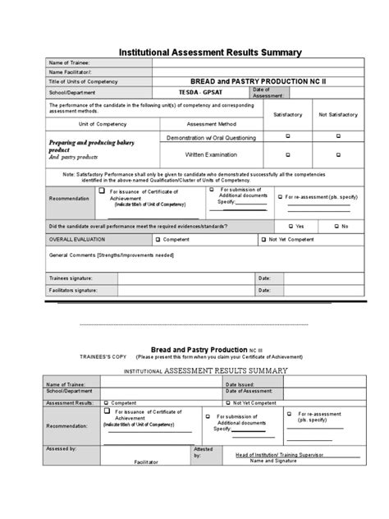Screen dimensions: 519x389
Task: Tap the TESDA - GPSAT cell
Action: pyautogui.click(x=199, y=93)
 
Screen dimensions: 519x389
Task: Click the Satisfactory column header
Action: pyautogui.click(x=287, y=114)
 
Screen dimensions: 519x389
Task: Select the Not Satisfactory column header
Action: pyautogui.click(x=334, y=114)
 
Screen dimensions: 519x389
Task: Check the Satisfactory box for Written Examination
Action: pyautogui.click(x=287, y=154)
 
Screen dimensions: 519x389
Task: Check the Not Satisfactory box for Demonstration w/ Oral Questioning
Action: pyautogui.click(x=334, y=137)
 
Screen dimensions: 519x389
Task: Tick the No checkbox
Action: pyautogui.click(x=335, y=226)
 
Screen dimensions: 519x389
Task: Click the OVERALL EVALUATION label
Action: pyautogui.click(x=77, y=240)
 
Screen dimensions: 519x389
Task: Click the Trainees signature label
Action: pyautogui.click(x=71, y=278)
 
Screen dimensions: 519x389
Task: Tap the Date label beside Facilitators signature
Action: pyautogui.click(x=264, y=291)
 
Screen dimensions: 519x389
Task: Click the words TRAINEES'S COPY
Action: pyautogui.click(x=103, y=357)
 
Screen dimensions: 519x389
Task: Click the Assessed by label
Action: pyautogui.click(x=62, y=448)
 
